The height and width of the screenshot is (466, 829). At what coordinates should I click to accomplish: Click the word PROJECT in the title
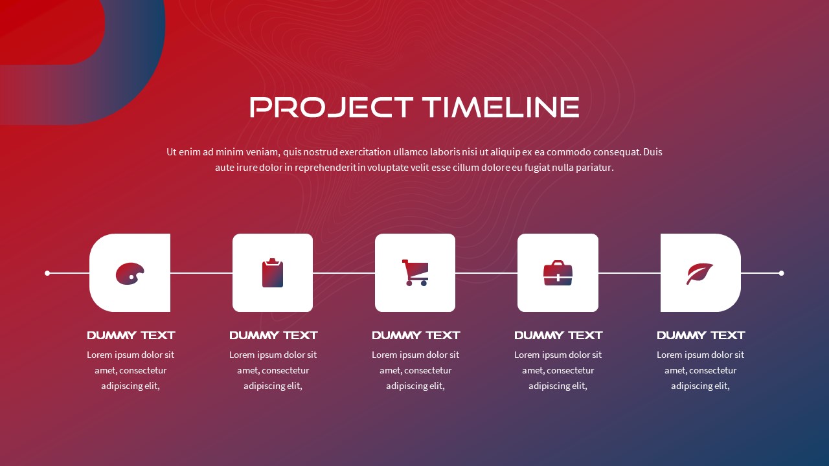[x=331, y=107]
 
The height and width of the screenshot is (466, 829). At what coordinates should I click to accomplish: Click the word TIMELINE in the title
[x=500, y=107]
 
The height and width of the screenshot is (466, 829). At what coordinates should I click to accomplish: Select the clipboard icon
[x=273, y=273]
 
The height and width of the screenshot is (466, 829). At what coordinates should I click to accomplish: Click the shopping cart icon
[x=415, y=272]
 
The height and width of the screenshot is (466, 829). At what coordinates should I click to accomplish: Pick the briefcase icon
[x=558, y=273]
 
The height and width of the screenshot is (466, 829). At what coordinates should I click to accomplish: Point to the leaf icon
[x=699, y=274]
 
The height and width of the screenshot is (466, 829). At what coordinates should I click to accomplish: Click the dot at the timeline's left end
[x=47, y=273]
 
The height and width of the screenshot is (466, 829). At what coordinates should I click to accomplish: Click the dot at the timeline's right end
[x=781, y=273]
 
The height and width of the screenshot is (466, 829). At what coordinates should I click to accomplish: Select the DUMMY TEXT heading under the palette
[x=131, y=335]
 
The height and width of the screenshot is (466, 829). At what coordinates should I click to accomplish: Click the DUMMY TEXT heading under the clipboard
[x=273, y=335]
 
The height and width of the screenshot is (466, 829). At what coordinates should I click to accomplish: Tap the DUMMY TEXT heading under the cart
[x=416, y=335]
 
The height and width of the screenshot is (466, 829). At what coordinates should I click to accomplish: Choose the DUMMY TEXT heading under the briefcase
[x=558, y=335]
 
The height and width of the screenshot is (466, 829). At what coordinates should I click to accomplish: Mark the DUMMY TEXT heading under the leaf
[x=701, y=335]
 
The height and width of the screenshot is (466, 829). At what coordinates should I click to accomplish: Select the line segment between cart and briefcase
[x=486, y=273]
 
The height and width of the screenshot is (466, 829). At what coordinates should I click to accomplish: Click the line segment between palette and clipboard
[x=201, y=273]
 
